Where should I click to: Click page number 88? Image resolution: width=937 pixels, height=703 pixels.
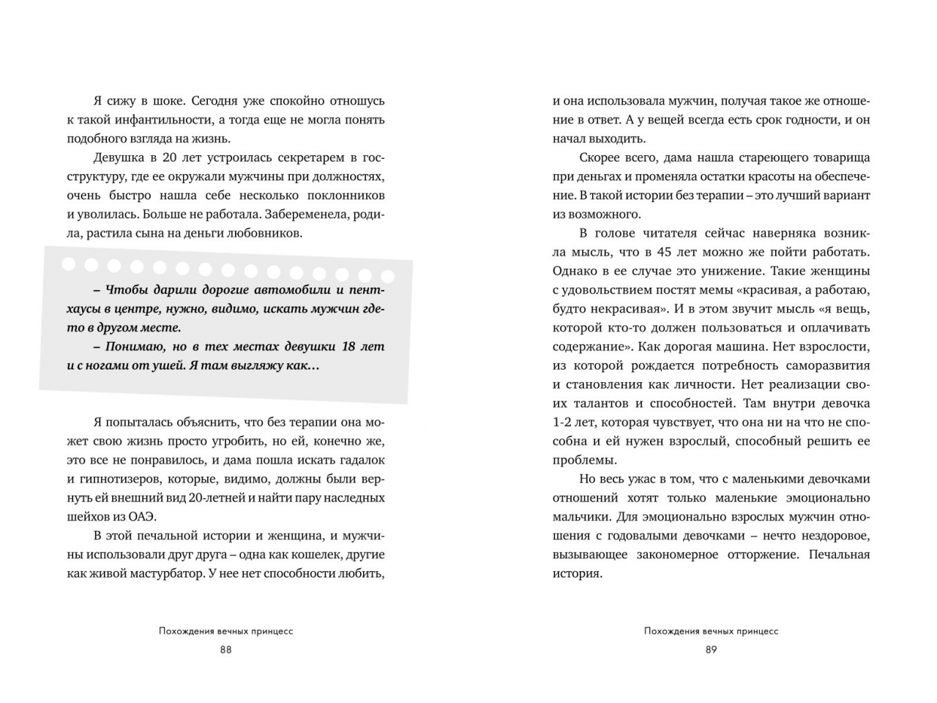pos(225,650)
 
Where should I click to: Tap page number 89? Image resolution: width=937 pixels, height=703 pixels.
pos(711,650)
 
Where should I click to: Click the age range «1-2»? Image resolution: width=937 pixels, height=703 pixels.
pos(567,423)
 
